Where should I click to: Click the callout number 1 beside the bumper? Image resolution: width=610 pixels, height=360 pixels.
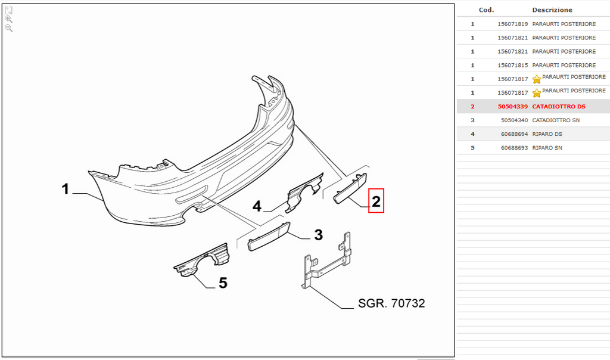pos(66,189)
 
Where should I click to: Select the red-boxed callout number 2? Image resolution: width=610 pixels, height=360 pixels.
pos(376,201)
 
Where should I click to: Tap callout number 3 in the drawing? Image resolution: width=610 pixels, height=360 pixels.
pos(319,235)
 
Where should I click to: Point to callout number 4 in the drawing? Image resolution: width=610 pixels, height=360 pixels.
pos(257,206)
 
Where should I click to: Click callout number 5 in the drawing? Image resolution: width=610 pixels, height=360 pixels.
pos(223,283)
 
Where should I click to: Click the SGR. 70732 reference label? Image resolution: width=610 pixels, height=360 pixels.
pos(391,303)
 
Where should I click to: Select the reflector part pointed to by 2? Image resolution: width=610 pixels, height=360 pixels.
pos(350,188)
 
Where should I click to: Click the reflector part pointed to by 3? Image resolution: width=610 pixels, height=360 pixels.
pos(269,237)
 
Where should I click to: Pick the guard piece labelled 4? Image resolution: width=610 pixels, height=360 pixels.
pos(305,193)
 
